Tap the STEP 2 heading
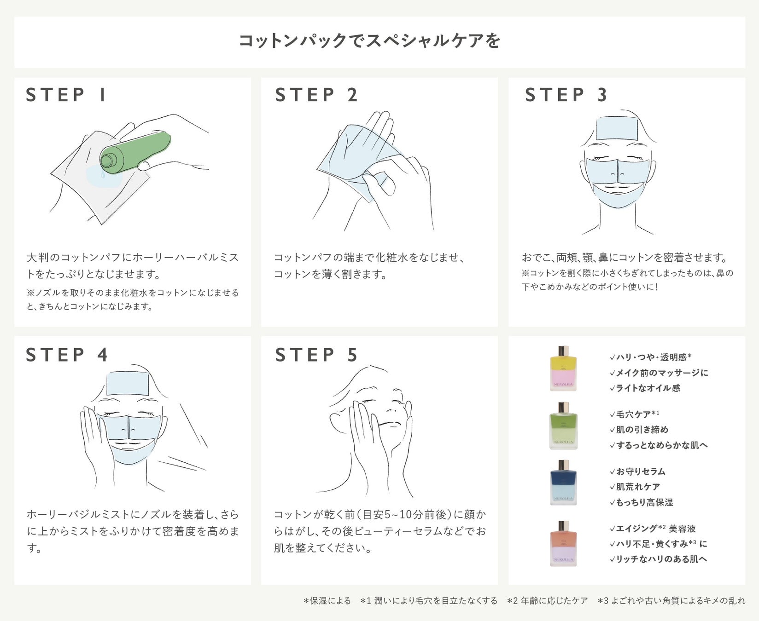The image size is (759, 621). [x=316, y=95]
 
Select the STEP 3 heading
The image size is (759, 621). [x=566, y=95]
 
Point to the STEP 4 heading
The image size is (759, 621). [x=67, y=355]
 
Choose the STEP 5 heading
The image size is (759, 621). [x=316, y=355]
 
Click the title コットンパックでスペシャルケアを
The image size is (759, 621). [x=369, y=41]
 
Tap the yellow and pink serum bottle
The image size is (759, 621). [x=563, y=369]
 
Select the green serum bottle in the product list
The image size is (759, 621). [x=563, y=426]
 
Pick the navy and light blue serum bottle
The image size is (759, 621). [x=563, y=483]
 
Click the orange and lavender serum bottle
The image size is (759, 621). [x=563, y=544]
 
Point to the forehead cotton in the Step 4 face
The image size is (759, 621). [x=127, y=383]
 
